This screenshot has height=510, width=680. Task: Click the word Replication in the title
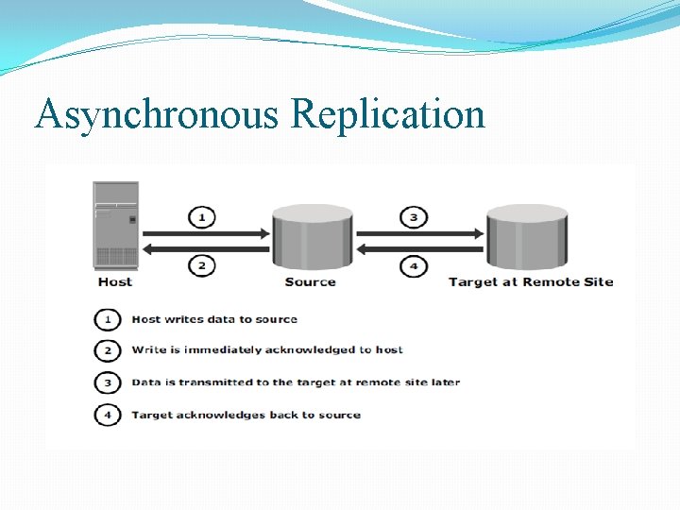click(388, 115)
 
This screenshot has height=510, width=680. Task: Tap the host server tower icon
click(115, 226)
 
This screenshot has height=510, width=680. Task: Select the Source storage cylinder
click(311, 236)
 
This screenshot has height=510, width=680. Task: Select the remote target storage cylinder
click(527, 236)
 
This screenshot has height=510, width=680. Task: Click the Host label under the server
click(115, 281)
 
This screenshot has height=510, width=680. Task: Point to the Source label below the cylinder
click(310, 281)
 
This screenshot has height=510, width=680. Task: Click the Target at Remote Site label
click(530, 281)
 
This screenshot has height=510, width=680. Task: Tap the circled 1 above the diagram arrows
click(201, 217)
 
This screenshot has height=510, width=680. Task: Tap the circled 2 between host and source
click(201, 266)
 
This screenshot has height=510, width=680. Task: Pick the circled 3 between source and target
click(414, 217)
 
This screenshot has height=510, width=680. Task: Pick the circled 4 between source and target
click(414, 266)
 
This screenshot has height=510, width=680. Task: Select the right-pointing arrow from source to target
click(416, 233)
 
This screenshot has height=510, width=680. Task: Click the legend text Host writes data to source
click(214, 319)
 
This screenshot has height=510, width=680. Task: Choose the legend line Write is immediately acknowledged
click(267, 349)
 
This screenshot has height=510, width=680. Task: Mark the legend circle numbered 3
click(108, 382)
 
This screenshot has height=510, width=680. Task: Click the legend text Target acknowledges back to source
click(246, 415)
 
